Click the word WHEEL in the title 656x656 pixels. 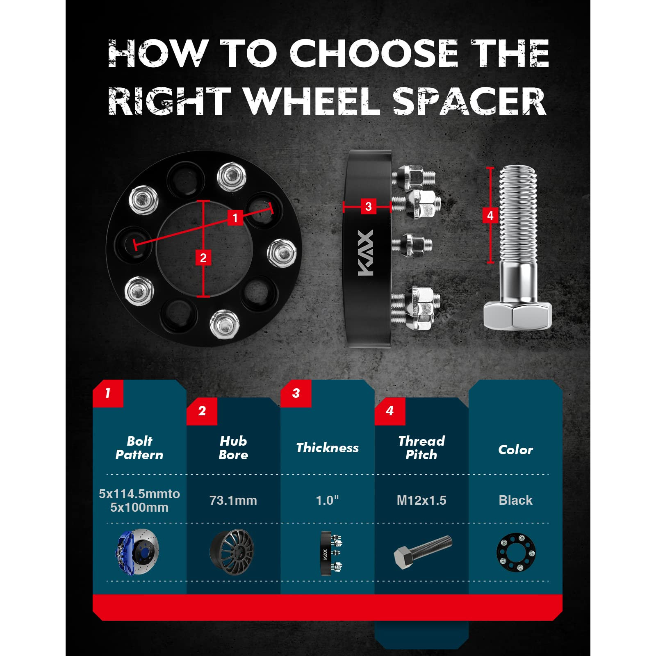(x=313, y=101)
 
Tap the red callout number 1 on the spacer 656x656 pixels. (x=235, y=218)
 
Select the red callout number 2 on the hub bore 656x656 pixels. (x=203, y=258)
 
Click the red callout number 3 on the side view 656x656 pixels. (x=368, y=206)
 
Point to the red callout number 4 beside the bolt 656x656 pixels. (x=490, y=215)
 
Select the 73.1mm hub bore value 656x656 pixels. (x=233, y=500)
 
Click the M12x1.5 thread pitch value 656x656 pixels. (x=421, y=500)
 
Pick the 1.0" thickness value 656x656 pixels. (x=327, y=500)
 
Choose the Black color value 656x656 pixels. (x=515, y=500)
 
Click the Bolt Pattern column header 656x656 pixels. (x=139, y=448)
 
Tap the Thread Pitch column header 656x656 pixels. (x=421, y=448)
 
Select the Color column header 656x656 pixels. (x=515, y=450)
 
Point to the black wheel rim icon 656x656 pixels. (x=232, y=552)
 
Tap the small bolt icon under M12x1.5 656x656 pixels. (x=423, y=551)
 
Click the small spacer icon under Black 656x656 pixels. (x=516, y=552)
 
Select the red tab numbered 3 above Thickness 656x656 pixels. (x=296, y=393)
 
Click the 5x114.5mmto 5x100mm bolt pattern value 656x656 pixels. (x=139, y=500)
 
